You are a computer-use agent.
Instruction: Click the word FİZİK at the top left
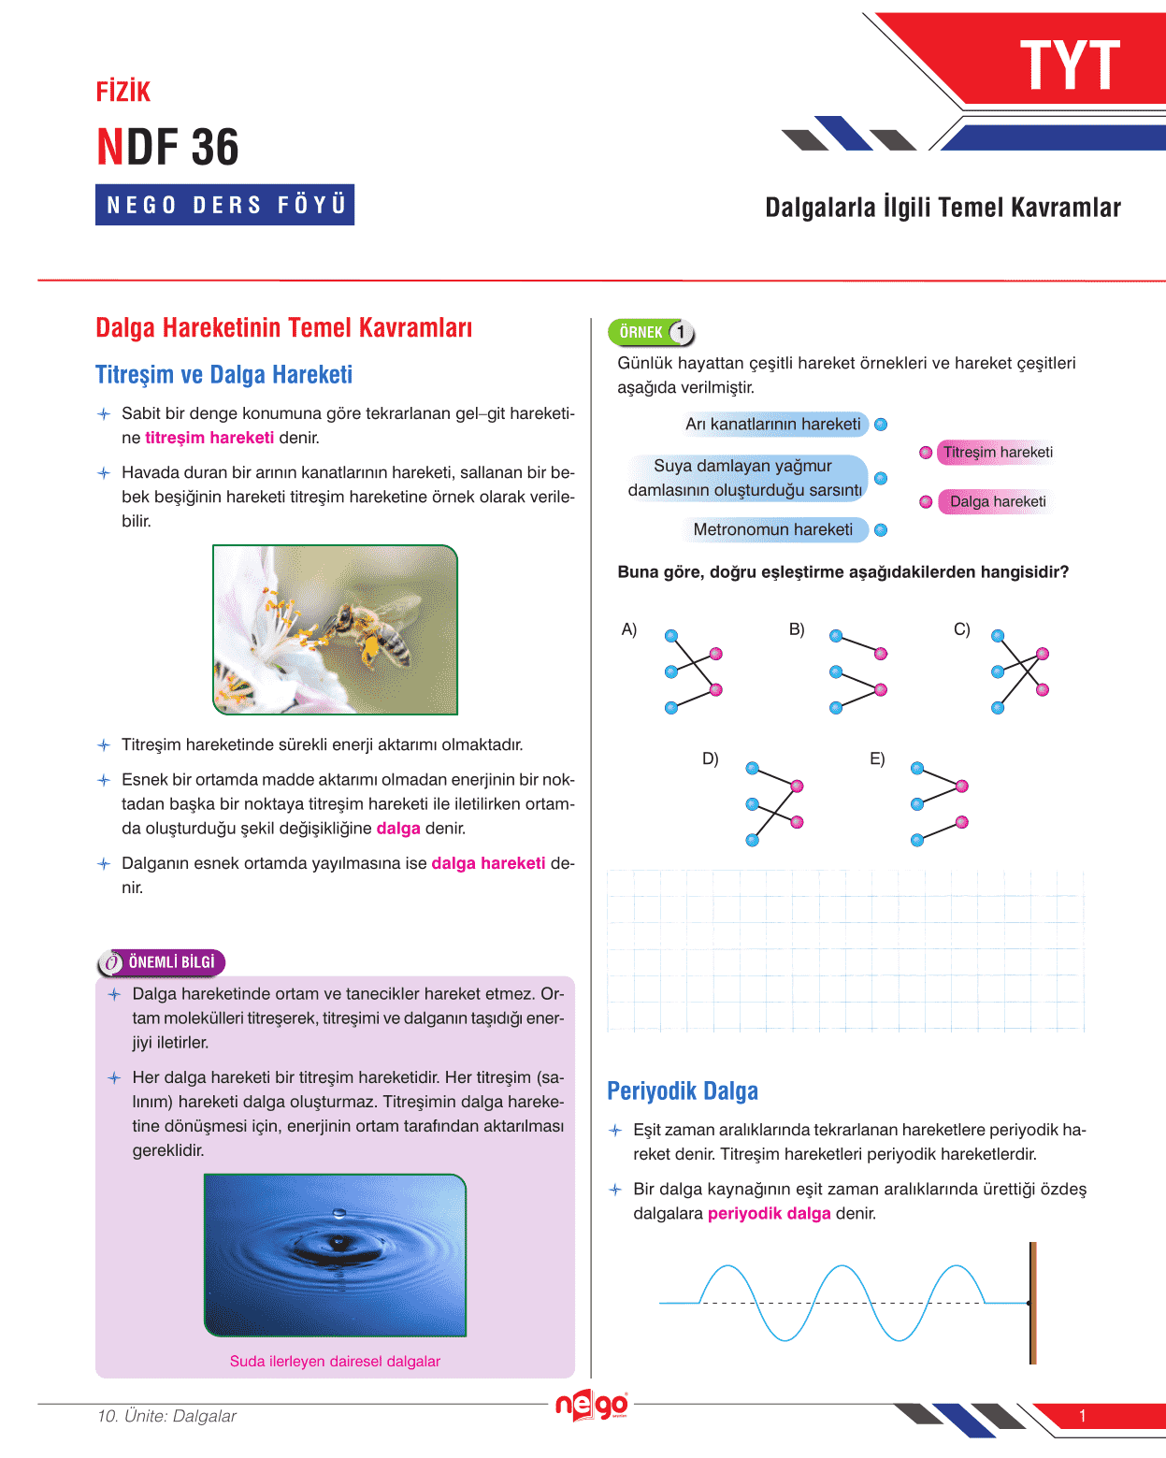(x=123, y=92)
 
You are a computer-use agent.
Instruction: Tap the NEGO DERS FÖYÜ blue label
(x=225, y=205)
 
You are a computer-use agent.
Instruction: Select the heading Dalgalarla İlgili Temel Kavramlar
(x=943, y=208)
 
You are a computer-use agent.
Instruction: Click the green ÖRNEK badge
(x=641, y=332)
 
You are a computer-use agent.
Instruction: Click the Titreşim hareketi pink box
(x=998, y=453)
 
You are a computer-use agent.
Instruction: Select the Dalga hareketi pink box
(x=998, y=501)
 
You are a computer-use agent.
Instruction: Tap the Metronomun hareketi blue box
(x=772, y=529)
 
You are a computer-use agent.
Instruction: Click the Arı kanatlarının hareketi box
(x=772, y=425)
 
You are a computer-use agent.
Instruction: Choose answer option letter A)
(x=629, y=629)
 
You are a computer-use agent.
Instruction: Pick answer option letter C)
(x=961, y=629)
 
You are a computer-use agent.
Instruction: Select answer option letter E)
(x=877, y=758)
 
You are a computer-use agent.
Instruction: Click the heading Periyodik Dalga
(x=683, y=1091)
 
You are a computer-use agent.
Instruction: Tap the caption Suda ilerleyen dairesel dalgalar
(x=335, y=1362)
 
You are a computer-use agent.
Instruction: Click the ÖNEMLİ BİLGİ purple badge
(x=162, y=962)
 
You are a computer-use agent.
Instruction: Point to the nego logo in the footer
(x=591, y=1405)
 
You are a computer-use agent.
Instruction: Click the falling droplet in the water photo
(x=339, y=1213)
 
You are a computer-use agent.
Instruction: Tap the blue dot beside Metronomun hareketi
(x=881, y=530)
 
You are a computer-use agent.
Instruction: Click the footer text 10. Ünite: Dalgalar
(x=166, y=1416)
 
